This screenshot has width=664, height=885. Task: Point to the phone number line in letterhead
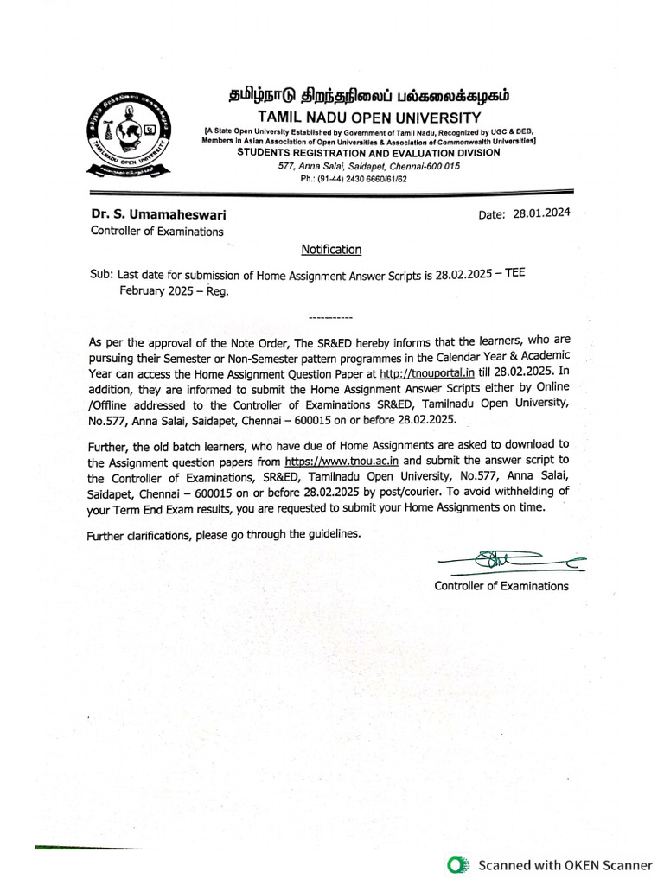(353, 178)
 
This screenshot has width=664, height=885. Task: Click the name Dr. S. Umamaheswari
(159, 214)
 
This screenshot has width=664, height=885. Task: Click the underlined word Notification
(331, 250)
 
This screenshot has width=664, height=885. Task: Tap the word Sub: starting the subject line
(101, 274)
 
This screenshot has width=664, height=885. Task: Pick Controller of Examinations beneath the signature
(501, 586)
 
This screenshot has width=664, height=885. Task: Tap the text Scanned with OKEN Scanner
(565, 864)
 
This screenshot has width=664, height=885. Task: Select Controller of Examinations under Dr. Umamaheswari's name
(156, 232)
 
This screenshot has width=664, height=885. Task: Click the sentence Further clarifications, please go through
(224, 535)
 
